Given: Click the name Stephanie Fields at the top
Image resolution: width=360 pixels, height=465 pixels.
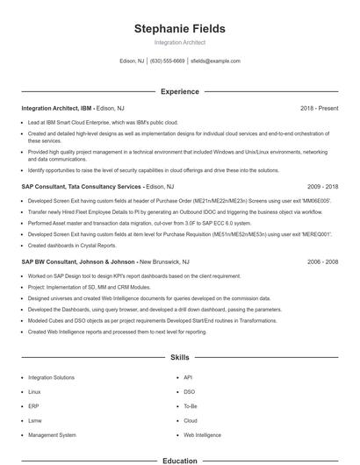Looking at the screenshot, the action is tap(179, 29).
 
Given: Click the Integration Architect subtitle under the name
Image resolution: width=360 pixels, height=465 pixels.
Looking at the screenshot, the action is tap(179, 42).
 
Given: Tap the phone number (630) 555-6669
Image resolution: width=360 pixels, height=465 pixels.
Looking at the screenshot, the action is tap(168, 61).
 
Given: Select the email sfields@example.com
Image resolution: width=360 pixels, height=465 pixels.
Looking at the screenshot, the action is tap(215, 61).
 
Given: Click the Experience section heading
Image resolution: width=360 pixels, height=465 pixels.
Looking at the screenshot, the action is tap(179, 91).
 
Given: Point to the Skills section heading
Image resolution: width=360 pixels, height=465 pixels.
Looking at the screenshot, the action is tap(179, 358).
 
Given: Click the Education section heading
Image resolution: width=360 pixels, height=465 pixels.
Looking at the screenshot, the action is tap(179, 460).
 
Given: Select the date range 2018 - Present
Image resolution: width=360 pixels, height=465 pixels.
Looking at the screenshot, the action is tap(319, 108).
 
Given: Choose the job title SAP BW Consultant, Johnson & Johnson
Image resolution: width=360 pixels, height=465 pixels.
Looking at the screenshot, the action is tap(78, 261).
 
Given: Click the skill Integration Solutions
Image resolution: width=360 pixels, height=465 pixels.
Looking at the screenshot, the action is tap(51, 377).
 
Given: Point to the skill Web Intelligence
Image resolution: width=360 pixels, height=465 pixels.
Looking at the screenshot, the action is tap(203, 434).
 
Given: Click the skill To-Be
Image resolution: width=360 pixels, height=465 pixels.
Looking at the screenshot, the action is tap(191, 406).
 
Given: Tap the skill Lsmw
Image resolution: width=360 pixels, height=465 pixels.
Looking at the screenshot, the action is tap(36, 420).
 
